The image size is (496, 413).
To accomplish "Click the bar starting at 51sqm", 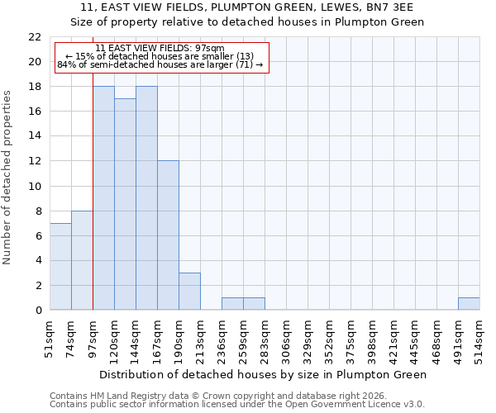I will [60, 266].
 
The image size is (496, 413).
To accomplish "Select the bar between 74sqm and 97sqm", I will [82, 260].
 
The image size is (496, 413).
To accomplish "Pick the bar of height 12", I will [168, 235].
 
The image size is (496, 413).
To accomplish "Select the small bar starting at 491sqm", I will [469, 303].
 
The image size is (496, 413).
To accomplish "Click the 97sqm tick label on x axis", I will [93, 339].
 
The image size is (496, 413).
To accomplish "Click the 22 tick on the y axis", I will [35, 37].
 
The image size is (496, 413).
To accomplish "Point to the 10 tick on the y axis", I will [35, 186].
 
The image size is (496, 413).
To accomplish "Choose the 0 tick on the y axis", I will [38, 311].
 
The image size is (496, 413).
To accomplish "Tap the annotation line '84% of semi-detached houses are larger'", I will [160, 64].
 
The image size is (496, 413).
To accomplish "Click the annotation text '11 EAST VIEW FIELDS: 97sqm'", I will [160, 48].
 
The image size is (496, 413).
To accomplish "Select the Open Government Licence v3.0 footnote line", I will [237, 405].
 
